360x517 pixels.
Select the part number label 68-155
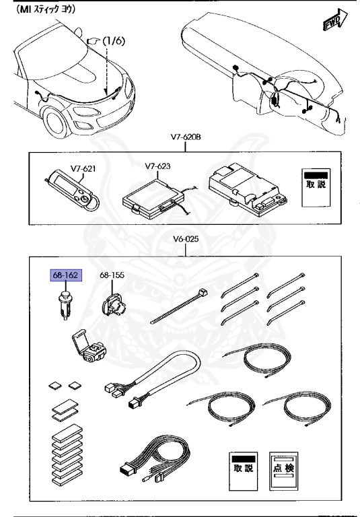click(112, 276)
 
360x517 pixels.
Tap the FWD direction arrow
click(335, 21)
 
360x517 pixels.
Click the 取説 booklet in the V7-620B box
click(314, 185)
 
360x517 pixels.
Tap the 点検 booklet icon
click(283, 466)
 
